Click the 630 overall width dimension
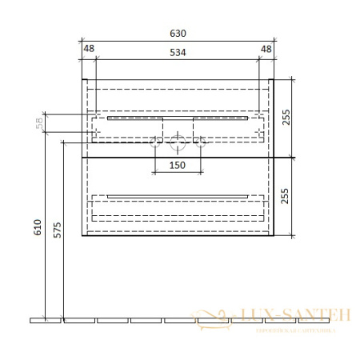coord(178,34)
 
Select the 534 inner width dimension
coord(178,53)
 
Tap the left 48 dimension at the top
coord(89,49)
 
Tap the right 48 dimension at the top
coord(267,49)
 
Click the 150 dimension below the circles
coord(178,165)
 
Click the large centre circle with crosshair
coord(178,143)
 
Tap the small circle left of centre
coord(155,143)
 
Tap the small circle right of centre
coord(201,143)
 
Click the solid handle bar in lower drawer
coord(178,196)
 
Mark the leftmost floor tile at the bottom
coord(45,321)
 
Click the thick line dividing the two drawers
coord(178,157)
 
